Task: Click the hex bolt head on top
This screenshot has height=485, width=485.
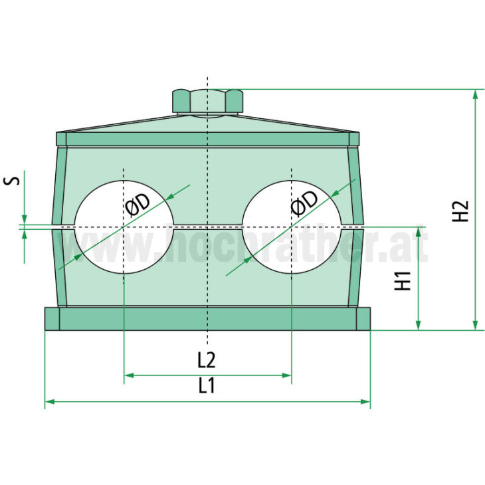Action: [207, 101]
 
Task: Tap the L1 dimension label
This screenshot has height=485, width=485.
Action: [207, 386]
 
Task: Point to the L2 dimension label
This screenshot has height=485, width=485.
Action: [207, 360]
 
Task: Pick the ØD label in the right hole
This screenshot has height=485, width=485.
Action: [304, 202]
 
